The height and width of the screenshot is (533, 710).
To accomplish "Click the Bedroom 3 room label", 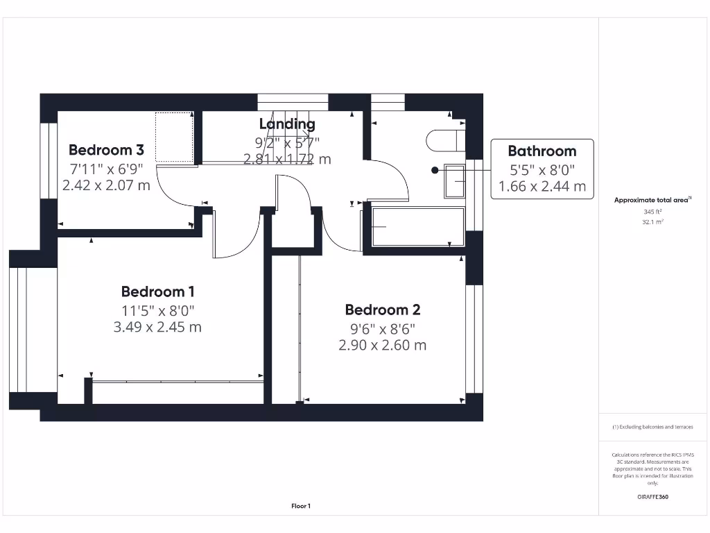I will [x=106, y=150].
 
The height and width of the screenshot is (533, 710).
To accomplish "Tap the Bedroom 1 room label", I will [x=157, y=291].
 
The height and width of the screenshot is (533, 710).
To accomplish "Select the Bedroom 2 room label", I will [x=383, y=310].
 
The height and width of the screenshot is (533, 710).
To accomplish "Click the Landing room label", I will [x=287, y=124].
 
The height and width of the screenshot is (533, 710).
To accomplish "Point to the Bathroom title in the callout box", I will [x=542, y=151].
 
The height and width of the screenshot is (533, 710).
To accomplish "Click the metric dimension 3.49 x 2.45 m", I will [x=157, y=327].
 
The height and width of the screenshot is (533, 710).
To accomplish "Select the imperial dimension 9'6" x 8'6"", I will [x=383, y=328].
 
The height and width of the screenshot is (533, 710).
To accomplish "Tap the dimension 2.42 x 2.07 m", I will [x=106, y=185].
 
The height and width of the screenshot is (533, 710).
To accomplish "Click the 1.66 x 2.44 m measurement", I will [x=542, y=186].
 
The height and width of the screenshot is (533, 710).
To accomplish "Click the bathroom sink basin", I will [x=456, y=180].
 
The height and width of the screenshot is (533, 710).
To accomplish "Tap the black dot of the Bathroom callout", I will [x=435, y=169].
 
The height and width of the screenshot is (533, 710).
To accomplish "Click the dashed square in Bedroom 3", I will [x=174, y=137].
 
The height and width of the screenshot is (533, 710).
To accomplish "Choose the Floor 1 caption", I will [x=301, y=507].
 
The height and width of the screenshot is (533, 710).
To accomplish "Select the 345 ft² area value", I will [x=653, y=211].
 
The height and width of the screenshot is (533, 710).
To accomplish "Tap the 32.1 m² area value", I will [x=653, y=222].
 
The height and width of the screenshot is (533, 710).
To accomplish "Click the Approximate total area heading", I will [x=652, y=200].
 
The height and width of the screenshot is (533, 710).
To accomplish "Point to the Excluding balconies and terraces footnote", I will [x=652, y=427].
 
